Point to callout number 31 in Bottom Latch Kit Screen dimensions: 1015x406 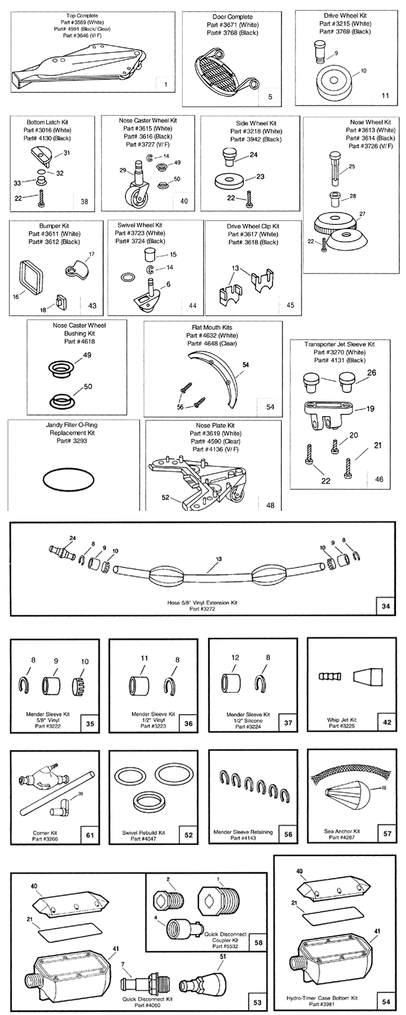[67, 153]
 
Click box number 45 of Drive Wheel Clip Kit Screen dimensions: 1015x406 [290, 305]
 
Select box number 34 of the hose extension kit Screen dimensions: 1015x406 [385, 607]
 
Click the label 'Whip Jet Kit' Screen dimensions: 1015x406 [342, 720]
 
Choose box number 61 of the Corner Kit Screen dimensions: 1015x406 [90, 835]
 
